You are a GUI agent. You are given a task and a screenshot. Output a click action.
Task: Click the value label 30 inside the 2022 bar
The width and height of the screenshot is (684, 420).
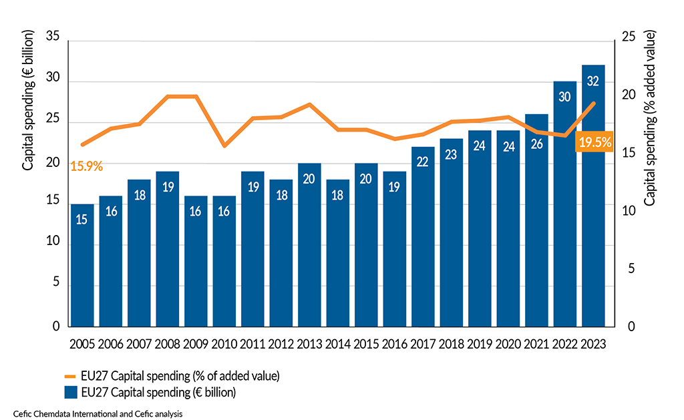point(564,97)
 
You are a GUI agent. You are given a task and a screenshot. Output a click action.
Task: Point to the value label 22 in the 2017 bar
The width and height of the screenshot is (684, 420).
point(423,162)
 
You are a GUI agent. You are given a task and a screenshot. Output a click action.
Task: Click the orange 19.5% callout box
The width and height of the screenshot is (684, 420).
point(594,142)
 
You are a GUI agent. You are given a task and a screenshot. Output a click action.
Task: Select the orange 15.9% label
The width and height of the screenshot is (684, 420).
point(86,166)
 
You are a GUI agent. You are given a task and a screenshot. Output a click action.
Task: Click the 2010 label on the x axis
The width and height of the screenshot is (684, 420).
point(224,345)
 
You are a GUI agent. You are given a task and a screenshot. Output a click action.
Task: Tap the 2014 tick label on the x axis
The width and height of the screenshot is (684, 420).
point(338,345)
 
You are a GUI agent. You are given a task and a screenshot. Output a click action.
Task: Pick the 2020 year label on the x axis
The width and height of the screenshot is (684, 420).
point(508,345)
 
